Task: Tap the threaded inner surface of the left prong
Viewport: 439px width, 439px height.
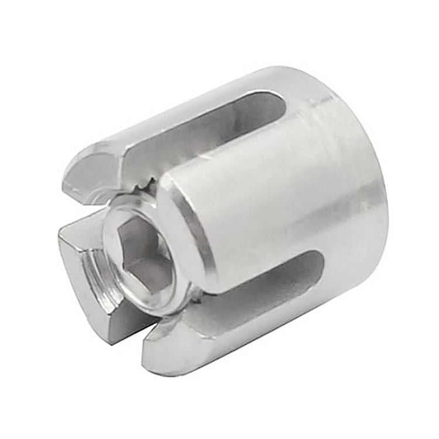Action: click(94, 275)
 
